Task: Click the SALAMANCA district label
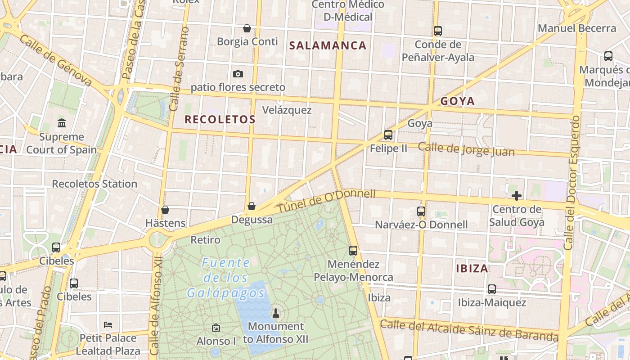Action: point(328,45)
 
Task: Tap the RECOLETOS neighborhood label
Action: point(220,120)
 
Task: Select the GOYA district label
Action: point(458,101)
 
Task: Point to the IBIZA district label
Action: point(472,269)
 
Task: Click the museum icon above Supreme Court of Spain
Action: point(61,123)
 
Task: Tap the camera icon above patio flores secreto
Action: point(238,74)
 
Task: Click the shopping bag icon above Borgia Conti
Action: point(247,28)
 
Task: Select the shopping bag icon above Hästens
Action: point(165,210)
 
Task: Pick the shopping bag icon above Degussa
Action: point(252,206)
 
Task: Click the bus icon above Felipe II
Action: point(388,135)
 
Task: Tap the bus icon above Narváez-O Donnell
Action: point(421,211)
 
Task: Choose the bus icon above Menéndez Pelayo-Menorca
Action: point(353,250)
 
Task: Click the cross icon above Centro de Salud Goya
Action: point(516,196)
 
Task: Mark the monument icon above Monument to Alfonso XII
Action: point(276,313)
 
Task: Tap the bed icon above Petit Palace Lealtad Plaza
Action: point(108,324)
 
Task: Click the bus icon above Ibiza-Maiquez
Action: point(492,289)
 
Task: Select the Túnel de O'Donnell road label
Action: point(326,202)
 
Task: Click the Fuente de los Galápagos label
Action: point(226,278)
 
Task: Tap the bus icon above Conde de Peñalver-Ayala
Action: point(438,31)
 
